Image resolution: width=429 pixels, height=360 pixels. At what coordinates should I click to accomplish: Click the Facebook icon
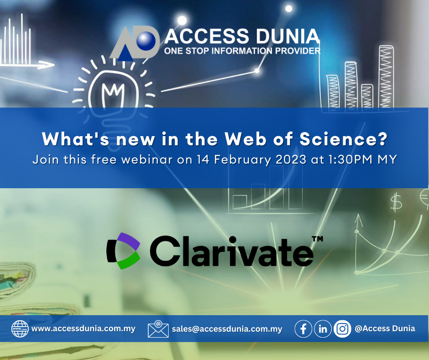coord(303,328)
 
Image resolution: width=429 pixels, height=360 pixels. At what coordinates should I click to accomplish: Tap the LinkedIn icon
coord(323,328)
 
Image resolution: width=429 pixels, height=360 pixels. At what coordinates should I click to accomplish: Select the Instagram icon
coord(342,328)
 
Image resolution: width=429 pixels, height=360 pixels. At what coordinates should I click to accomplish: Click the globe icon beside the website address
coord(20,328)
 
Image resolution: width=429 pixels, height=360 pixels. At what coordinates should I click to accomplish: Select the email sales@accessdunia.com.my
coord(227,329)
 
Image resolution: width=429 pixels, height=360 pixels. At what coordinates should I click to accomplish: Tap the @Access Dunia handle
coord(385,328)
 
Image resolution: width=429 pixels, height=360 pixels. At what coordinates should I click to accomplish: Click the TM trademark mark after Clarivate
coord(317,239)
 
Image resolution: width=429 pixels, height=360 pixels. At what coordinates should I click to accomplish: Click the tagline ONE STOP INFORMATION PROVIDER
coord(242,51)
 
